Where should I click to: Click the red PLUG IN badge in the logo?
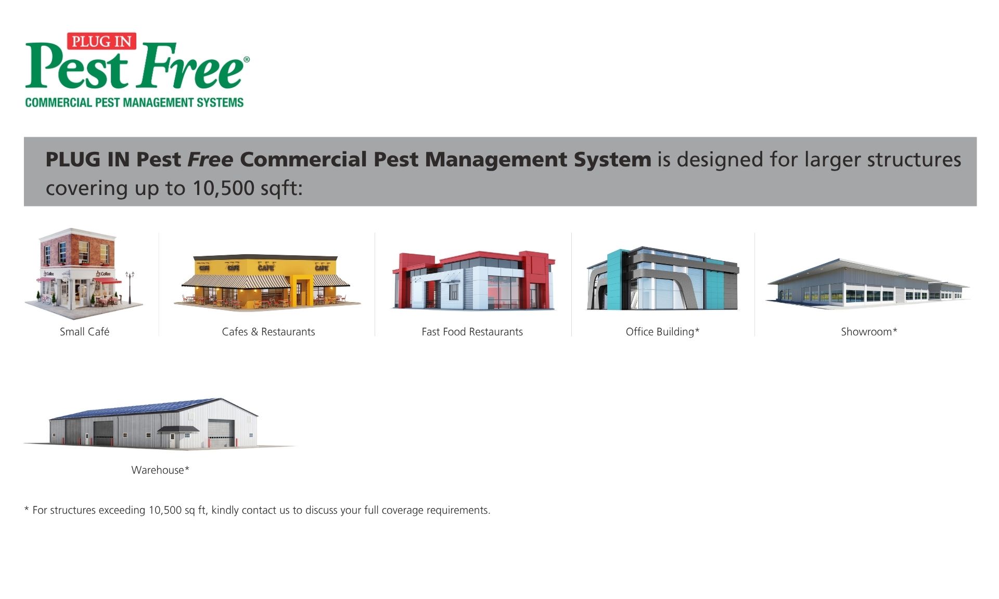[101, 41]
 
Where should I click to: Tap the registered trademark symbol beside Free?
[247, 60]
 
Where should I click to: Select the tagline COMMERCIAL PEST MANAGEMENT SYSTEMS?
[134, 102]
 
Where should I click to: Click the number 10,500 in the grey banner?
[223, 188]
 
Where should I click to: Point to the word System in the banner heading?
[612, 159]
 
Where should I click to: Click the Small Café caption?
[84, 332]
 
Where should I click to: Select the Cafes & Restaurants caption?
[268, 332]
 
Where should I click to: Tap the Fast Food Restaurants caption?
[472, 332]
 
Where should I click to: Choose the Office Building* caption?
[662, 332]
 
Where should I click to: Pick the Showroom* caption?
[869, 332]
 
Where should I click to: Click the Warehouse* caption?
[160, 470]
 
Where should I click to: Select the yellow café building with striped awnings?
[267, 282]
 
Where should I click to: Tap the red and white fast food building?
[473, 281]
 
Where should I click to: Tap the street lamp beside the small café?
[130, 287]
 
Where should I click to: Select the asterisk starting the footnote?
[27, 509]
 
